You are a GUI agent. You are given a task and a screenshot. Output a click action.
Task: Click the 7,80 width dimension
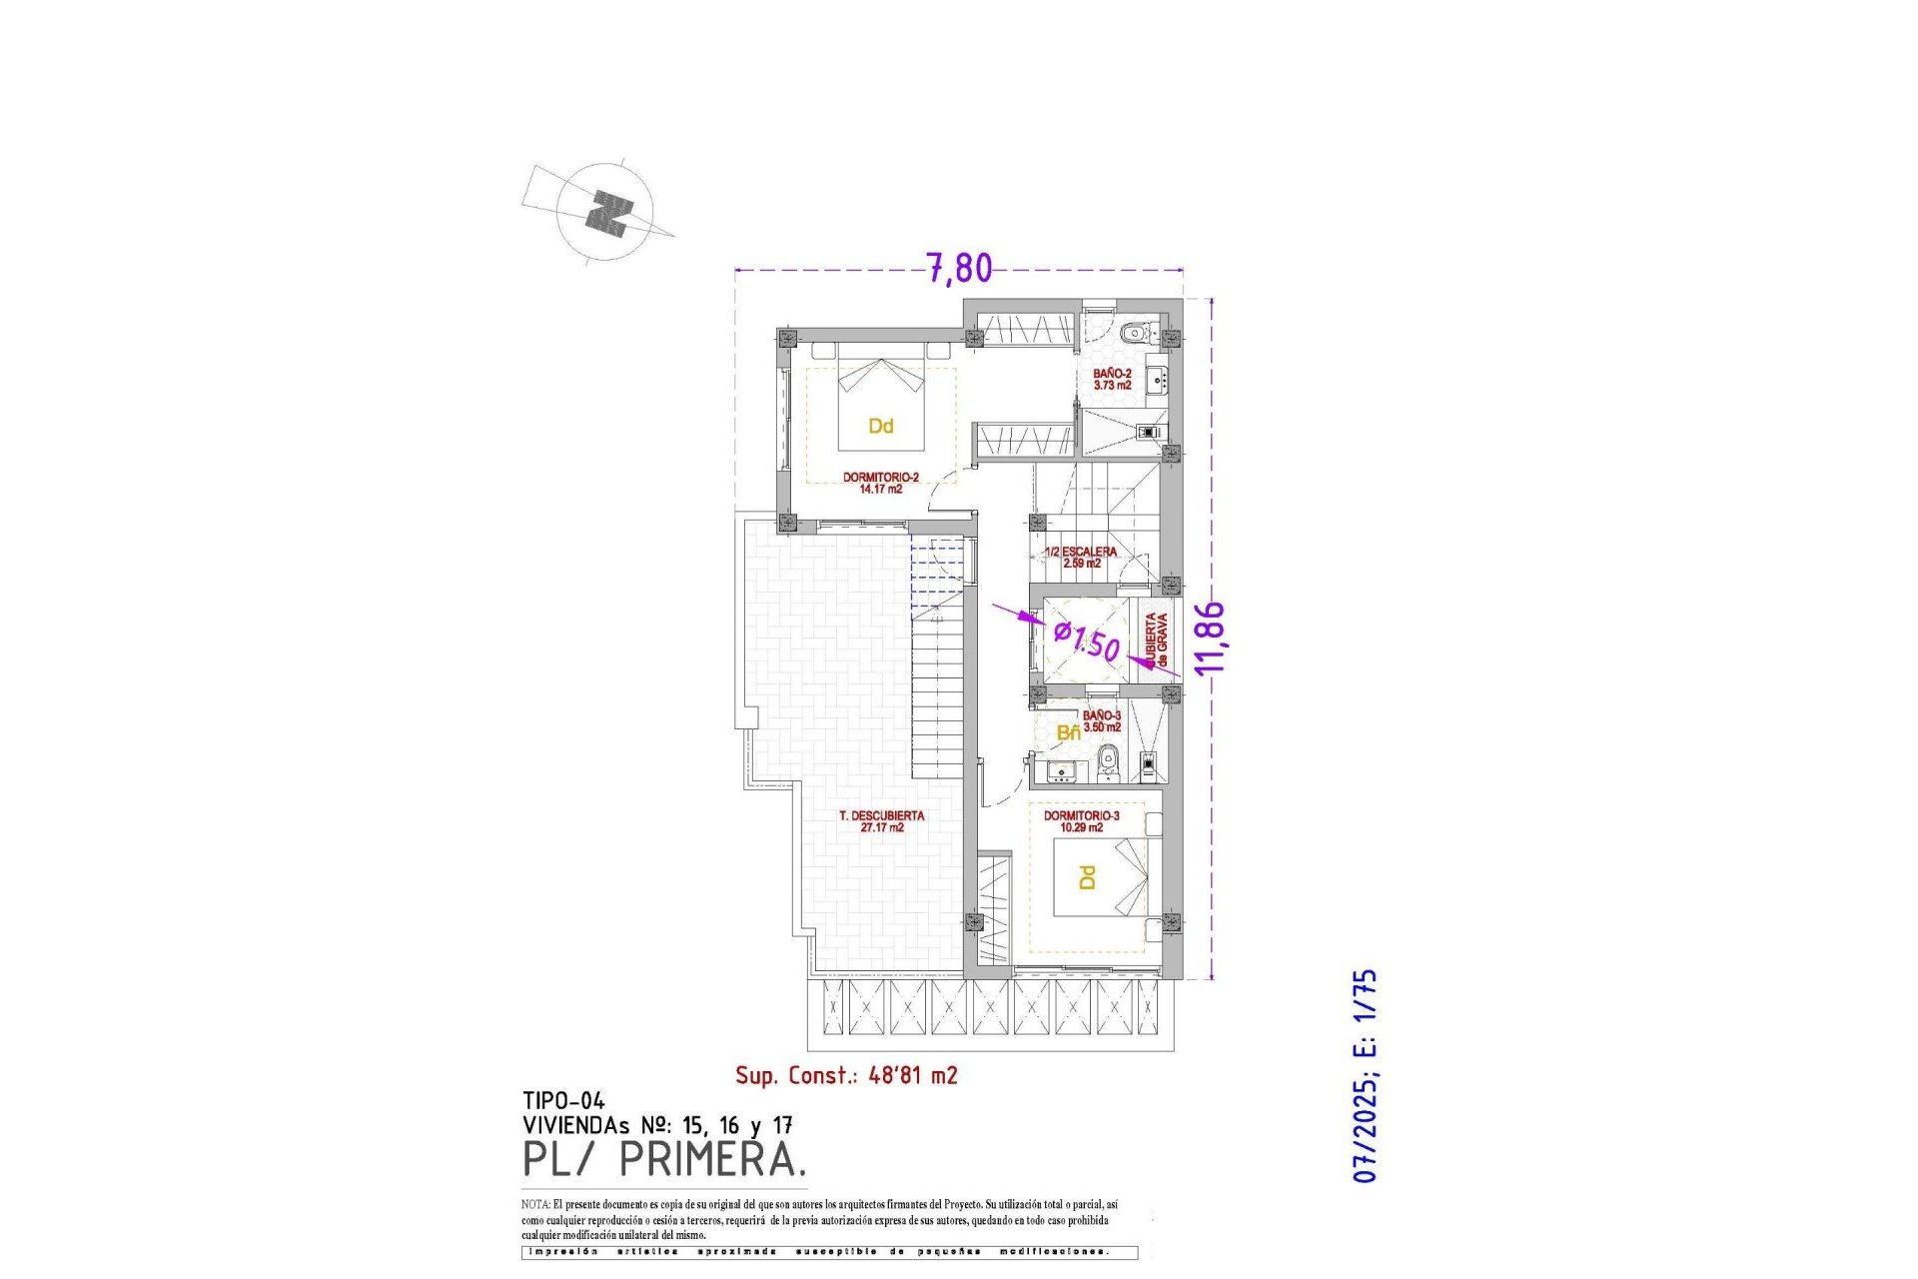click(960, 268)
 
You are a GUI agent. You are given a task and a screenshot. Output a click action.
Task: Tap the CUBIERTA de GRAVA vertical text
click(1157, 640)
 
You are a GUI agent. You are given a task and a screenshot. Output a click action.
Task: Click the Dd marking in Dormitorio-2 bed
click(880, 427)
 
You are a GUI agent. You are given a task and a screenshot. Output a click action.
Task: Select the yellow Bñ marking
click(1068, 733)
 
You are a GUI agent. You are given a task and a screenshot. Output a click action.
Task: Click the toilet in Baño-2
click(1133, 333)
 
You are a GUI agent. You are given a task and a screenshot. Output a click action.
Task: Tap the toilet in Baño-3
click(1106, 766)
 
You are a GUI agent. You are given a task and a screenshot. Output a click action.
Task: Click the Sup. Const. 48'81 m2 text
click(846, 1075)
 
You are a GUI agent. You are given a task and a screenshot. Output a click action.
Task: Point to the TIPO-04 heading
click(563, 1101)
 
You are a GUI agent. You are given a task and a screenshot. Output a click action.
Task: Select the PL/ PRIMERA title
click(663, 1160)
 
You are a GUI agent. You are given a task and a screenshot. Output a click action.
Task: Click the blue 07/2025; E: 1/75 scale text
click(1365, 1075)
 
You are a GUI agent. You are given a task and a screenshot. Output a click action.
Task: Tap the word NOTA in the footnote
click(534, 1205)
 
